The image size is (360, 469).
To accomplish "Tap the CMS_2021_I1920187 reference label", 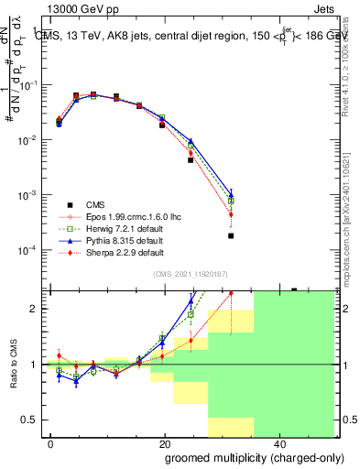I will [191, 273].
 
